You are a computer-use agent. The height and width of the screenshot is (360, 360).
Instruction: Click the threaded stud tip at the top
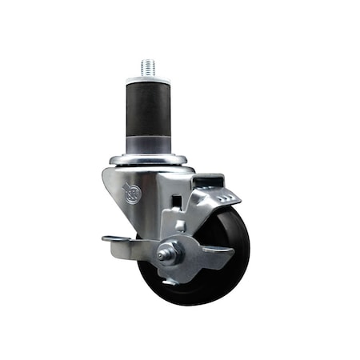pos(148,67)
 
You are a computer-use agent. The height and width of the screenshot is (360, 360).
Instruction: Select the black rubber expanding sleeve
pos(148,108)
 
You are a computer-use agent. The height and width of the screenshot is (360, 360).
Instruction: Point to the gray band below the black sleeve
pos(148,143)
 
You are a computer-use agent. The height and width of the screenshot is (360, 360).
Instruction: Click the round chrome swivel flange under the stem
pos(149,160)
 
